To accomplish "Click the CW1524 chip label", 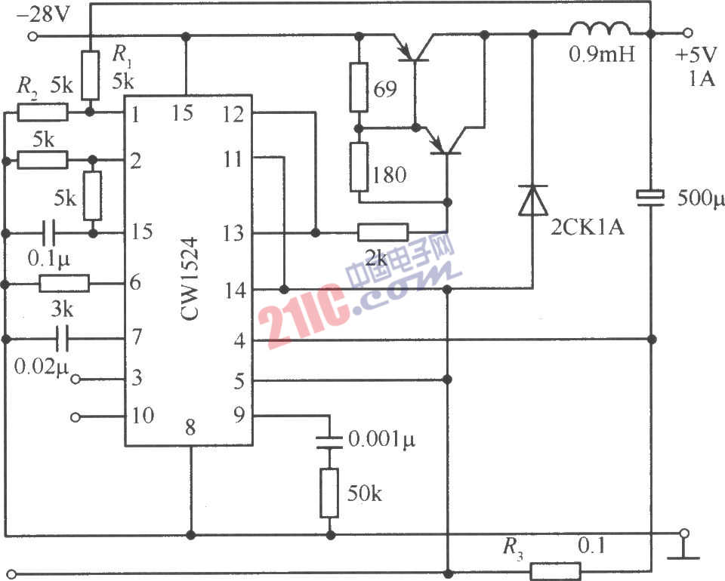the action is [x=190, y=278].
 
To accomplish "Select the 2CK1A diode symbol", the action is [x=533, y=201].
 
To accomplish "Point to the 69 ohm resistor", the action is [x=358, y=88].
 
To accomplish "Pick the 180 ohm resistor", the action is [x=359, y=167].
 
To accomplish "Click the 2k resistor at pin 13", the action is [x=383, y=232].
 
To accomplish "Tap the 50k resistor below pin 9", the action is [x=329, y=493].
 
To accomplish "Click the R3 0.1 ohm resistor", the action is [x=555, y=571].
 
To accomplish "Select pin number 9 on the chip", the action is [x=239, y=415].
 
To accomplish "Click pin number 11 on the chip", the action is [x=233, y=160].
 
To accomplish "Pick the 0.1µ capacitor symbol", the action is [x=48, y=232].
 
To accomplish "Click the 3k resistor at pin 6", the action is [x=64, y=284].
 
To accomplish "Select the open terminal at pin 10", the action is [x=76, y=417].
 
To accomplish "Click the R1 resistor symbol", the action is [x=90, y=75].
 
